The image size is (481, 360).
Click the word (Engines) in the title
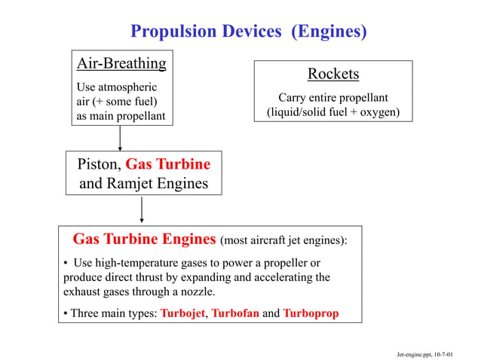coord(329,32)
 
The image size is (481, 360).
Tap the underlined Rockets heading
coord(332,74)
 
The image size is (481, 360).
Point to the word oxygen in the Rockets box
coord(376,113)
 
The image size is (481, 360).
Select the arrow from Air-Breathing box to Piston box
coord(120,138)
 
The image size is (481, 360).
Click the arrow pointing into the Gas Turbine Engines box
coord(142,210)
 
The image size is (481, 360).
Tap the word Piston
coord(99,164)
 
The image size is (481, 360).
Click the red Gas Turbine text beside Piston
coord(168,164)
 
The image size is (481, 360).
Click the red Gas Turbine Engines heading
coord(144,239)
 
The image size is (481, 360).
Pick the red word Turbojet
coord(182,313)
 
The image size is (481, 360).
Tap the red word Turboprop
coord(311,313)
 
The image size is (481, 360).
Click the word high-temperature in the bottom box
coord(138,263)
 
